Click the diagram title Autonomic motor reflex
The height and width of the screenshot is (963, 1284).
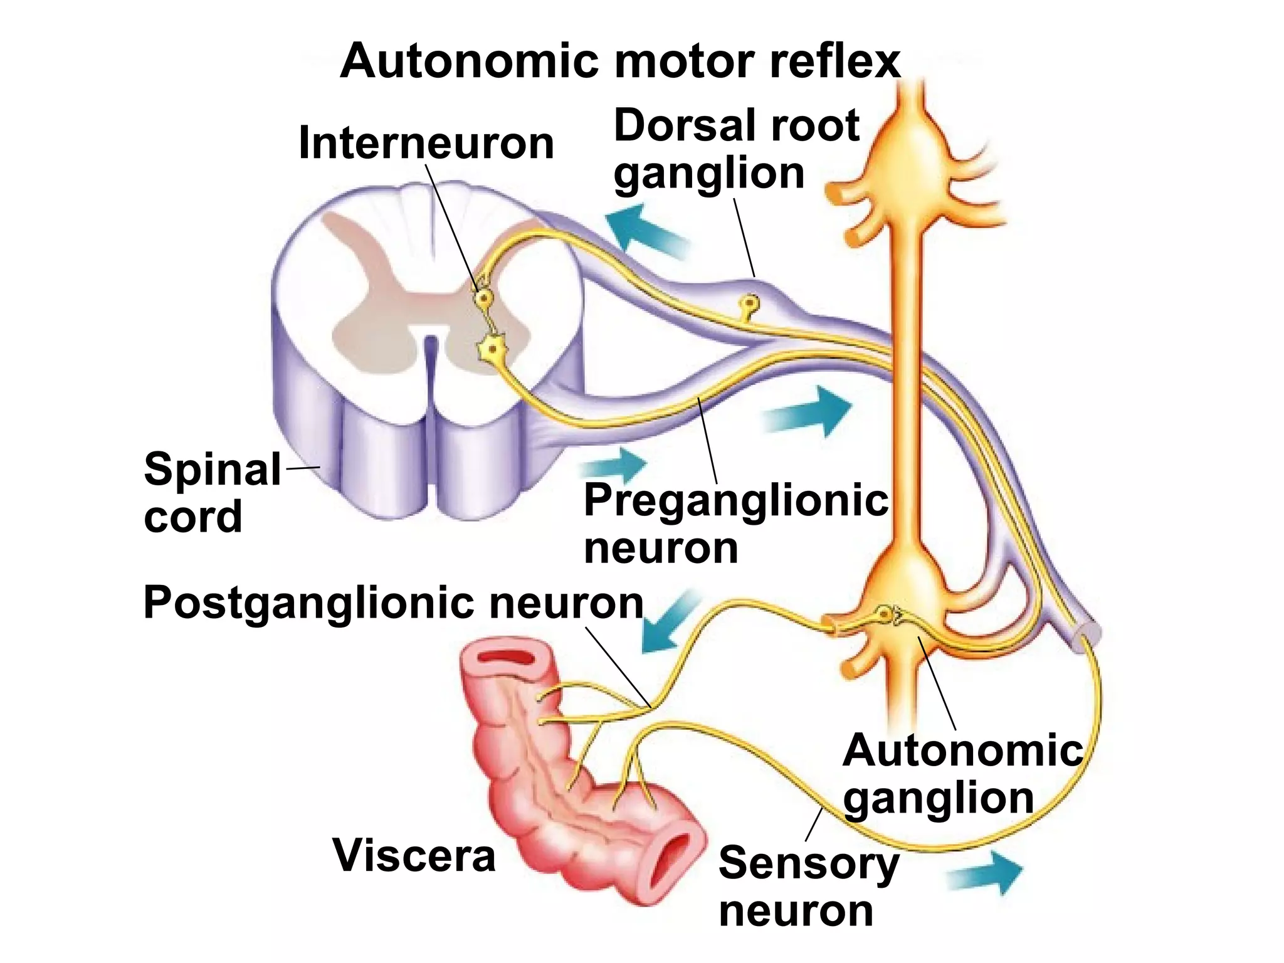pos(619,61)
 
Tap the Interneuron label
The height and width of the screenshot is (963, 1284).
pos(426,143)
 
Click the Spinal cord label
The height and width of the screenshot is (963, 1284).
pos(212,492)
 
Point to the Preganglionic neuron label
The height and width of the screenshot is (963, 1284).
pos(735,524)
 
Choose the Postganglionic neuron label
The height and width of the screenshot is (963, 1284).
pos(393,603)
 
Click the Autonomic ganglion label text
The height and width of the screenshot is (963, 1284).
pos(962,774)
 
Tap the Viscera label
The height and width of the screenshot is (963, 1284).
pos(414,855)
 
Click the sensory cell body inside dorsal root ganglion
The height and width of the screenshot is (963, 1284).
pos(750,305)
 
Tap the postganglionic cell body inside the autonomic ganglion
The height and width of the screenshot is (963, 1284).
pos(885,615)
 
